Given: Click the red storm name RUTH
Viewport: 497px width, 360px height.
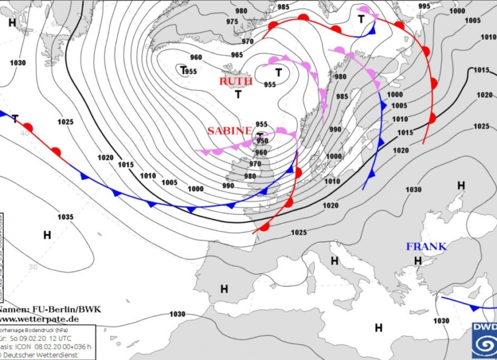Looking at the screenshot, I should (x=235, y=81).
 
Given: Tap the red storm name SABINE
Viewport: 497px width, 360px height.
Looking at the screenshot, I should (x=229, y=131).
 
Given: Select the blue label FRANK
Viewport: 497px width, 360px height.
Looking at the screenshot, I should (x=426, y=246).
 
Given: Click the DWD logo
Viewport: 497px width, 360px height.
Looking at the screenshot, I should (x=483, y=340).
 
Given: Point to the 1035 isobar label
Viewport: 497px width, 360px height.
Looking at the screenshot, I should (x=65, y=217).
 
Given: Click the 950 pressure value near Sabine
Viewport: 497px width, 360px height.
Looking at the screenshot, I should (x=262, y=142).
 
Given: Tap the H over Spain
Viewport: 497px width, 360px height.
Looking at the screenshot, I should (x=224, y=289).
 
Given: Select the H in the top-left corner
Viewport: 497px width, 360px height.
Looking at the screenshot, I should (x=12, y=22).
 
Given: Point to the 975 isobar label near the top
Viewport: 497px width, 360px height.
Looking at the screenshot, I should (x=232, y=22).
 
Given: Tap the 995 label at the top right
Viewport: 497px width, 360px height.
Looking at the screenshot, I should (x=424, y=6).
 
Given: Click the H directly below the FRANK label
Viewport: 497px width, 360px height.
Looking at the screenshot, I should (x=418, y=261).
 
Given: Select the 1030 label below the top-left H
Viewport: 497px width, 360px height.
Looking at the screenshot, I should (x=18, y=63).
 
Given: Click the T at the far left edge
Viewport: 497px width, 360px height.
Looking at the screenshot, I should (x=15, y=119).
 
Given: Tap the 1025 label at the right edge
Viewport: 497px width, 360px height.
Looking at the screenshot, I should (x=481, y=127).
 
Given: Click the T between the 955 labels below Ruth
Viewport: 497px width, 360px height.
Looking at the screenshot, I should (x=238, y=94).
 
